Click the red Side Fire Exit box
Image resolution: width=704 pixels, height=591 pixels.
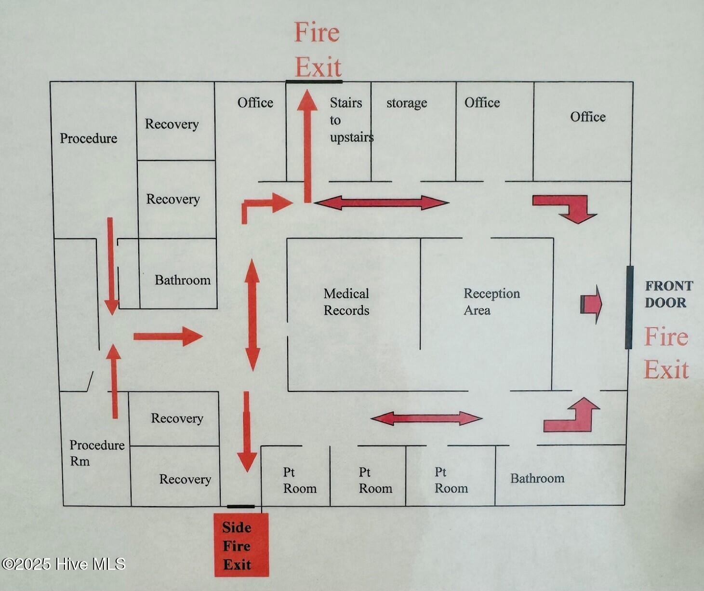[x=241, y=545]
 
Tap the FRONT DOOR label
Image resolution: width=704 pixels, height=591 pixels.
[x=668, y=294]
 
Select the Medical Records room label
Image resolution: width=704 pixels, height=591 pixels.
[x=346, y=302]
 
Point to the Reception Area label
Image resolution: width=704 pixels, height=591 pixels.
[x=491, y=302]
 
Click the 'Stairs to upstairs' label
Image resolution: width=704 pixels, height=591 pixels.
[x=350, y=120]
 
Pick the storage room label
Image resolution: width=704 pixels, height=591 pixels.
[x=407, y=103]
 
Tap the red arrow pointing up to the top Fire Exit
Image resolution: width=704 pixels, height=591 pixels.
[x=307, y=145]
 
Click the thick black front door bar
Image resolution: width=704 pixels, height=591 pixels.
[x=629, y=307]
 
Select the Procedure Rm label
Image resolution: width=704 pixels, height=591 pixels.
[x=96, y=453]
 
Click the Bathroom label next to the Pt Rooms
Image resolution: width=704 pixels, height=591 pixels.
[x=537, y=478]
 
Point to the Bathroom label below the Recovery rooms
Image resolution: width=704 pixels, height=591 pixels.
[x=182, y=280]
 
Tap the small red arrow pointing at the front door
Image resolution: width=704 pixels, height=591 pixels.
[x=592, y=304]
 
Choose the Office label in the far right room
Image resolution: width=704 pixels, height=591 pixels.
[x=588, y=117]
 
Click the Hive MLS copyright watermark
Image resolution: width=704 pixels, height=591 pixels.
[x=63, y=564]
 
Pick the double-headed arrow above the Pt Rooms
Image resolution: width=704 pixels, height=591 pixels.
[x=426, y=418]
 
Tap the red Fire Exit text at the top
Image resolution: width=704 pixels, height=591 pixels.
[x=318, y=50]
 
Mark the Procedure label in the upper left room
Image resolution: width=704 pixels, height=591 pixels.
[x=89, y=138]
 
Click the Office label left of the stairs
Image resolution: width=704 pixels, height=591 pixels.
[x=255, y=103]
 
